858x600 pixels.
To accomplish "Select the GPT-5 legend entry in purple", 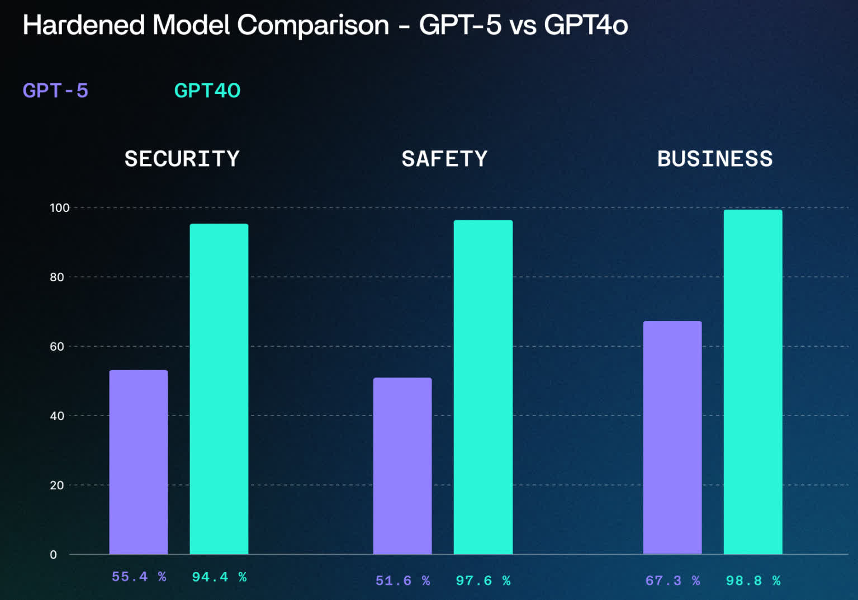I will click(x=55, y=91).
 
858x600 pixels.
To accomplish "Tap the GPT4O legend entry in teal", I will click(x=207, y=91).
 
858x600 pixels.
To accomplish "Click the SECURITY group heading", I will click(x=182, y=159).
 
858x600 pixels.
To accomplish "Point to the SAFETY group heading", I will click(x=444, y=159).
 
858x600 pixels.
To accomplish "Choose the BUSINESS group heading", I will click(x=715, y=159).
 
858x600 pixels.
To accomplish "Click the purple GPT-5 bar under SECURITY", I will click(x=138, y=462).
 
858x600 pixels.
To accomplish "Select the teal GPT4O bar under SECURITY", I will click(x=219, y=389).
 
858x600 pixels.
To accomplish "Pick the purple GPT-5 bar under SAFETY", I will click(x=402, y=466).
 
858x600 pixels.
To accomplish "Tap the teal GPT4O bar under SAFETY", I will click(x=483, y=387).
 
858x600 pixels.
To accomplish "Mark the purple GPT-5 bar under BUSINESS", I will click(x=672, y=437).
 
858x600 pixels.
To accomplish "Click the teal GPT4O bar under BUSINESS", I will click(x=752, y=382).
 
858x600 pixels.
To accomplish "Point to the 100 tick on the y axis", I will click(x=59, y=208).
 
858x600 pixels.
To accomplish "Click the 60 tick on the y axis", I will click(x=57, y=347).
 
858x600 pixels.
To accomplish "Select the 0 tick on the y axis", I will click(x=54, y=555).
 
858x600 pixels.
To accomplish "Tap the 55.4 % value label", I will click(x=139, y=577).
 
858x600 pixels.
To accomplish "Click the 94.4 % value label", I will click(x=219, y=577).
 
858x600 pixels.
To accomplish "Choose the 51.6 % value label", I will click(x=402, y=580).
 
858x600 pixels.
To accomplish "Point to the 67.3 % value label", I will click(x=672, y=580).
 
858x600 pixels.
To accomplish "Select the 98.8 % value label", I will click(x=753, y=580).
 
